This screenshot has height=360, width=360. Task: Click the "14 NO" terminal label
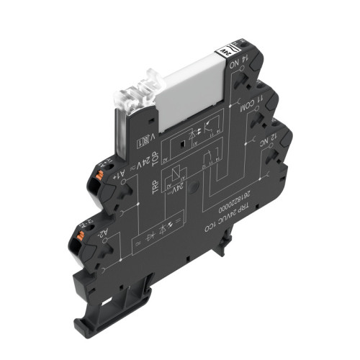pyautogui.click(x=235, y=67)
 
